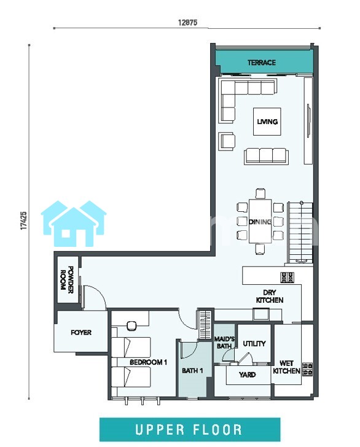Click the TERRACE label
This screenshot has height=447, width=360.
(261, 63)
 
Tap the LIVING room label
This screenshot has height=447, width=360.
(267, 122)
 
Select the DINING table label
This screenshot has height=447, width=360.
(260, 222)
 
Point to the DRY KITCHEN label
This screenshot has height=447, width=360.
(270, 296)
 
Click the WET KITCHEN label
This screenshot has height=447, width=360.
(286, 367)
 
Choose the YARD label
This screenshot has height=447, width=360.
(247, 375)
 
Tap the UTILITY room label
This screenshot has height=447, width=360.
(254, 344)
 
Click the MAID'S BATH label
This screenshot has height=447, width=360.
(224, 343)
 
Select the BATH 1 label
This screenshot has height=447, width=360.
(192, 371)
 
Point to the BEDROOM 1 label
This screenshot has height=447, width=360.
(148, 362)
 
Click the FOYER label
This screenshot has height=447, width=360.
(81, 332)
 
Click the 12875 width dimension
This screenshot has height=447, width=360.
(188, 23)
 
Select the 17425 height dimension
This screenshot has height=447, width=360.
(24, 220)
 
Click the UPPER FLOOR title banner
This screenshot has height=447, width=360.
(190, 430)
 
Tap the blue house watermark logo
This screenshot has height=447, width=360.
(74, 223)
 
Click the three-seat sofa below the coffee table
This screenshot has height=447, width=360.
(266, 156)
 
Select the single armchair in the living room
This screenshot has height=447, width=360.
(227, 141)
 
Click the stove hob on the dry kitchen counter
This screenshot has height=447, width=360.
(288, 277)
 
